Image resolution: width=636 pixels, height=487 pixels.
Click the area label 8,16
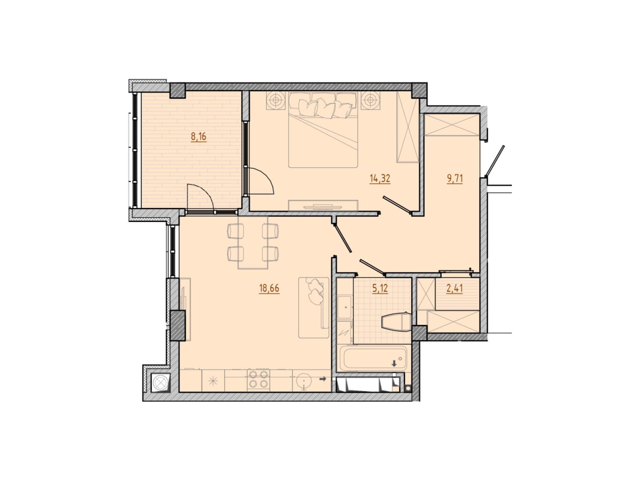click(x=198, y=138)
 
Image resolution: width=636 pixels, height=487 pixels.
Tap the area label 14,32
click(x=380, y=179)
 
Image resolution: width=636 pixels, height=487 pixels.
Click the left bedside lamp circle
click(x=275, y=99)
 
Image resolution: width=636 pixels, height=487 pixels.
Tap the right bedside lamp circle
click(x=370, y=99)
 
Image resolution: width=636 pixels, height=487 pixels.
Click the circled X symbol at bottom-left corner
click(x=160, y=382)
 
